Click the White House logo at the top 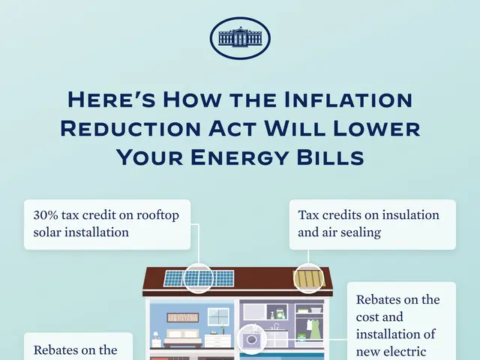(240, 38)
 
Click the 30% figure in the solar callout (44, 214)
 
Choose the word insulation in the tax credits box (404, 214)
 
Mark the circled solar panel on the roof (199, 278)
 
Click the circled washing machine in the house (250, 339)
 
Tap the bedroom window (218, 316)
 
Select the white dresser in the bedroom (218, 340)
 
